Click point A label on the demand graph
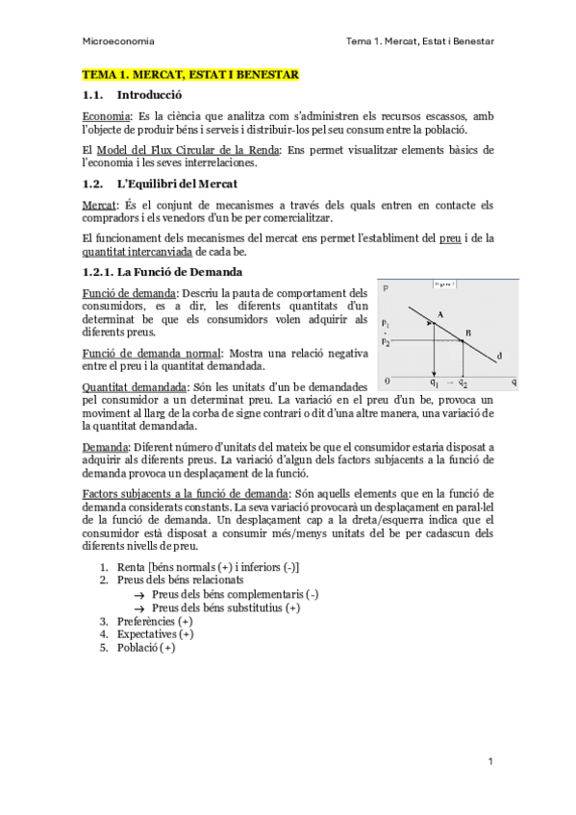(x=439, y=314)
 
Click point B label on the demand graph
(x=468, y=333)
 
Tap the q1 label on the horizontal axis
(x=435, y=382)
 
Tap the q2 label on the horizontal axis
(x=463, y=382)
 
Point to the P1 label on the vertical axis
(x=386, y=323)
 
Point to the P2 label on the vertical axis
(x=386, y=340)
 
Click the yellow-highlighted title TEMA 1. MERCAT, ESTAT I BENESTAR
(x=190, y=74)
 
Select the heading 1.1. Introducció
(x=132, y=95)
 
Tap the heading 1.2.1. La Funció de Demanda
(x=162, y=272)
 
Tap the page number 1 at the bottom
(x=490, y=761)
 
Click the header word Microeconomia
(x=119, y=41)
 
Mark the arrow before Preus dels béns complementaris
(x=139, y=595)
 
